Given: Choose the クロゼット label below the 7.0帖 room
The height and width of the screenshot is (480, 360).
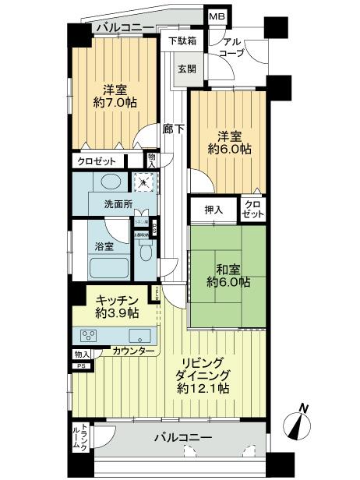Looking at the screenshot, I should click(97, 161).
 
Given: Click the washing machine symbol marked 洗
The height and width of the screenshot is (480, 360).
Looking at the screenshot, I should click(144, 182).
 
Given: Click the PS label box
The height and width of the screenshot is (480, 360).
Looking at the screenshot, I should click(81, 365).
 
